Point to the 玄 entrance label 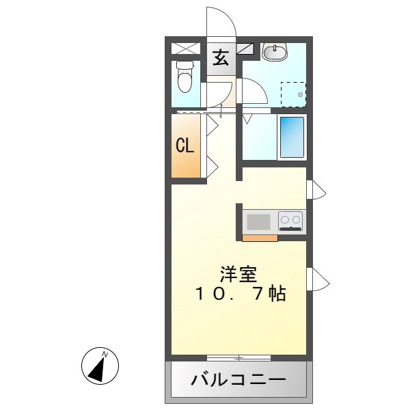tap(220, 57)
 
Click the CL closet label tap(184, 146)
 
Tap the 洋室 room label tap(238, 275)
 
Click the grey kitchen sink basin tap(258, 221)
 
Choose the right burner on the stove tap(297, 220)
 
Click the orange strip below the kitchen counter tap(260, 238)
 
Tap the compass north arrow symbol tap(100, 366)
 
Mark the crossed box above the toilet tap(184, 48)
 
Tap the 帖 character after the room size tap(277, 295)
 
